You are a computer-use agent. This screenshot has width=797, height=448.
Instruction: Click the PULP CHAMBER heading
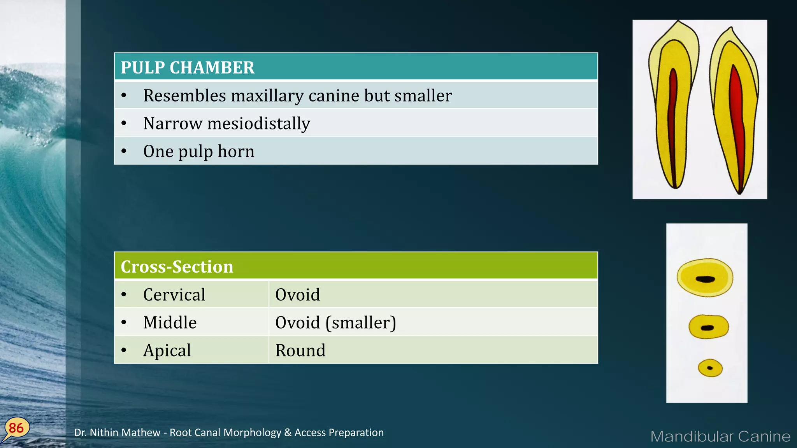188,68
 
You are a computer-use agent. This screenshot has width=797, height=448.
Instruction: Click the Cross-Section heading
177,267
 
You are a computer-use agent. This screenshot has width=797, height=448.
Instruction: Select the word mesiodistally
259,124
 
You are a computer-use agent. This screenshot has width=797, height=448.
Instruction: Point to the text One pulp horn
198,152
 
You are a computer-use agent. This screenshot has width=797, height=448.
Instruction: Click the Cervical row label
174,295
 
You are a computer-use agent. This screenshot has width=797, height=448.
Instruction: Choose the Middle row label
170,323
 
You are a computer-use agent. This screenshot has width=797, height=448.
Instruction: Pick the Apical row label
167,351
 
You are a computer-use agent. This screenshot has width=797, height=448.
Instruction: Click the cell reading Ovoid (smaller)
335,323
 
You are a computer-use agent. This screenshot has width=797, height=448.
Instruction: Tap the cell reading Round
300,351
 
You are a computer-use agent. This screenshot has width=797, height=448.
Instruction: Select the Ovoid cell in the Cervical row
297,295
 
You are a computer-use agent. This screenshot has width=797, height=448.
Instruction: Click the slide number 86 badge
16,428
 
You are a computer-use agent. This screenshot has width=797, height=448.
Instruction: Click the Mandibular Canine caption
720,436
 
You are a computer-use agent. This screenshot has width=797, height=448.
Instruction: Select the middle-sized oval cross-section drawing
708,327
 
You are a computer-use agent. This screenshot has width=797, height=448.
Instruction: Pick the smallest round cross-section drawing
710,368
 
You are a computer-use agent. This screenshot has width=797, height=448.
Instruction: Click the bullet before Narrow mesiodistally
124,124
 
